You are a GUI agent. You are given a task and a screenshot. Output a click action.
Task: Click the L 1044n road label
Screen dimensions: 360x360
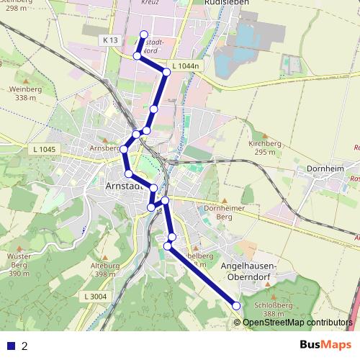coord(184,66)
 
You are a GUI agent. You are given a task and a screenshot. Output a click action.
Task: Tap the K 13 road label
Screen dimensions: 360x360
coord(110,40)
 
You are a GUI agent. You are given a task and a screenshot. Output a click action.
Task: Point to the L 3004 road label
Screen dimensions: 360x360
coord(95,296)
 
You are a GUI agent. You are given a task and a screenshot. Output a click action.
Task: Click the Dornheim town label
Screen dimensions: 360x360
coord(320,171)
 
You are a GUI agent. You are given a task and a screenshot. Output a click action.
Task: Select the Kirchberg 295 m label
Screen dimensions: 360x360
coord(264,148)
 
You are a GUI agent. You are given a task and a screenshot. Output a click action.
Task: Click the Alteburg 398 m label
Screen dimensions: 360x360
coord(105,270)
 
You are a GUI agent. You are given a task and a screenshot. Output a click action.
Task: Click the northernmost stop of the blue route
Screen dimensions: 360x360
coord(144,35)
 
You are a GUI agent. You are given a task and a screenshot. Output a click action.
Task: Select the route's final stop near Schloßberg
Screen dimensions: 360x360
coord(237,307)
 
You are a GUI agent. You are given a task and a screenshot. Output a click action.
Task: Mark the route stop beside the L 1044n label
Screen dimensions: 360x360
coord(166,72)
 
